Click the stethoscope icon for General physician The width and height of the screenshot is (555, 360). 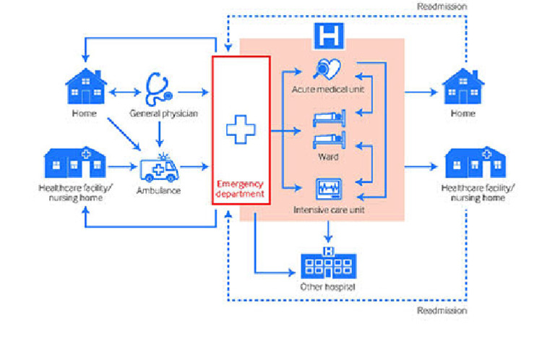[158, 88]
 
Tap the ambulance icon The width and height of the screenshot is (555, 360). [158, 169]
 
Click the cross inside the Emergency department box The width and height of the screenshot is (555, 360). [241, 130]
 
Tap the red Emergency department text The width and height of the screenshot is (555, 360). [241, 189]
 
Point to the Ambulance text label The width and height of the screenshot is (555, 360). [158, 191]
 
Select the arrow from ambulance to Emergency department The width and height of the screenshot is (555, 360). [194, 168]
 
